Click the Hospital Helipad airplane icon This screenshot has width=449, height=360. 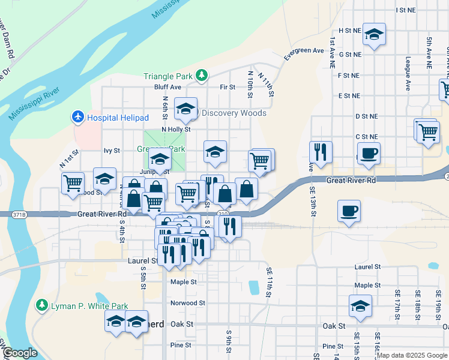[78, 116]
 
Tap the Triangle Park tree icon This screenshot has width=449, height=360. [203, 76]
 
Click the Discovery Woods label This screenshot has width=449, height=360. [234, 113]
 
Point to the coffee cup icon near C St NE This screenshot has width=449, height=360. [368, 152]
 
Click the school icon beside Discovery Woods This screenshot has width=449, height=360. [186, 109]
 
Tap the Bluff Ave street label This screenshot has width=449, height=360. [167, 87]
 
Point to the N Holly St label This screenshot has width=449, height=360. [176, 129]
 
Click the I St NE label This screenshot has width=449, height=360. [406, 10]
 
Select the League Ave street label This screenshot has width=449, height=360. [408, 74]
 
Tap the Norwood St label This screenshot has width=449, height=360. [188, 303]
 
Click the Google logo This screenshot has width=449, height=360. [19, 353]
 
